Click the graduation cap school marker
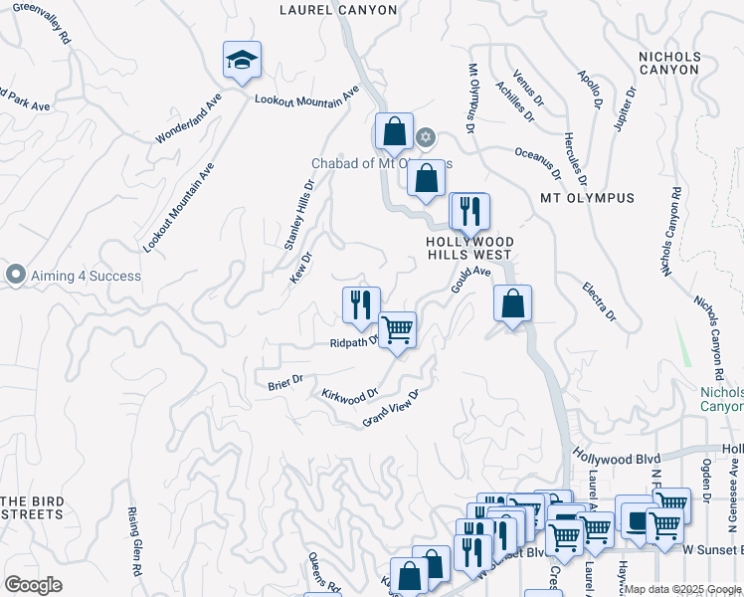click(243, 61)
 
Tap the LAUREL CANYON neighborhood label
click(338, 10)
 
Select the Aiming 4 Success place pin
click(15, 275)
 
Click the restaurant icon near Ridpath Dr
click(361, 305)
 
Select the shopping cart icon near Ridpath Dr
click(397, 329)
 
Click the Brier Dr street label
click(284, 383)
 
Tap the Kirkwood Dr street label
click(350, 396)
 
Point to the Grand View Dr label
click(392, 408)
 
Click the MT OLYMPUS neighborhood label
click(587, 198)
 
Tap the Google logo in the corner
click(33, 585)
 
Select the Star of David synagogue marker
click(426, 136)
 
